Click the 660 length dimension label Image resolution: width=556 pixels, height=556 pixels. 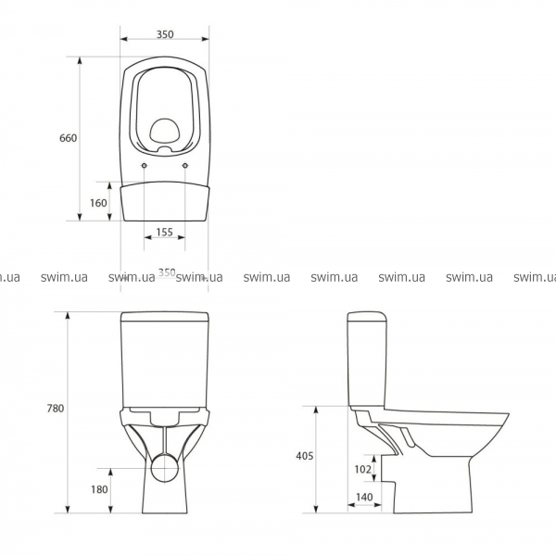tap(68, 137)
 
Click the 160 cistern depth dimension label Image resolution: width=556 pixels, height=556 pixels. tap(98, 203)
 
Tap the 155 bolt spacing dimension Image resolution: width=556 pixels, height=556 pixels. tap(165, 232)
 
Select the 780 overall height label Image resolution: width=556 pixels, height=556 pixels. tap(56, 409)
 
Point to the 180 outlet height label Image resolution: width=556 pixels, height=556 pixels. tap(99, 489)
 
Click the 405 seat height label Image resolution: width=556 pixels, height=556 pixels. tap(305, 456)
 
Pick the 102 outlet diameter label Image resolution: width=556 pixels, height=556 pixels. tap(362, 469)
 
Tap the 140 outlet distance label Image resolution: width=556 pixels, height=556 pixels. tap(364, 497)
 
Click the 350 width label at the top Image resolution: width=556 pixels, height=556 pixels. tap(165, 34)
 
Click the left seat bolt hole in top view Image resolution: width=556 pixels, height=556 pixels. tap(144, 165)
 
